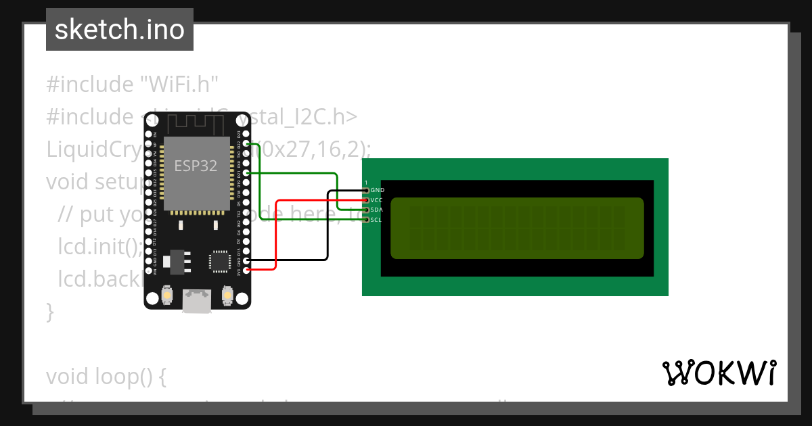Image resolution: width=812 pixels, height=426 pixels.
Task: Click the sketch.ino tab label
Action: click(119, 30)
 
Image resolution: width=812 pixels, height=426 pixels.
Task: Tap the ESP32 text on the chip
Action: click(196, 166)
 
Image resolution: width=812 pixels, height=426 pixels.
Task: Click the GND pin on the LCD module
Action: click(366, 191)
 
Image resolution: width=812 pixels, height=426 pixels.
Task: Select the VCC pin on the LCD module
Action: click(366, 200)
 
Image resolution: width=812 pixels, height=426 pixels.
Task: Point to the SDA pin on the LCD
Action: click(366, 210)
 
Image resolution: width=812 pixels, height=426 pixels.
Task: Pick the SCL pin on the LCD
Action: click(366, 219)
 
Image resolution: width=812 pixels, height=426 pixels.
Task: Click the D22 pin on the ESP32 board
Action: click(246, 144)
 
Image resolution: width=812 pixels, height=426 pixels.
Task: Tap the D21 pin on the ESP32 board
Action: click(246, 173)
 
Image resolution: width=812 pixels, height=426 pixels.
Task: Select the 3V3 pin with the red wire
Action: click(246, 270)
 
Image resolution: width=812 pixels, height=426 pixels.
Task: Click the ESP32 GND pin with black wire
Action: click(246, 260)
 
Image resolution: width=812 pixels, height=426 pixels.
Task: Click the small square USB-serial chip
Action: click(220, 260)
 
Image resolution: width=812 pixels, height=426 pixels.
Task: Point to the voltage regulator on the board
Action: click(176, 260)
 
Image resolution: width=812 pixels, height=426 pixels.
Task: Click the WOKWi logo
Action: click(719, 373)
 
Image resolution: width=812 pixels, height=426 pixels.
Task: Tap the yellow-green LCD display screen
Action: click(517, 228)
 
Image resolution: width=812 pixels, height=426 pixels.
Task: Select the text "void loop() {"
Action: click(106, 377)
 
